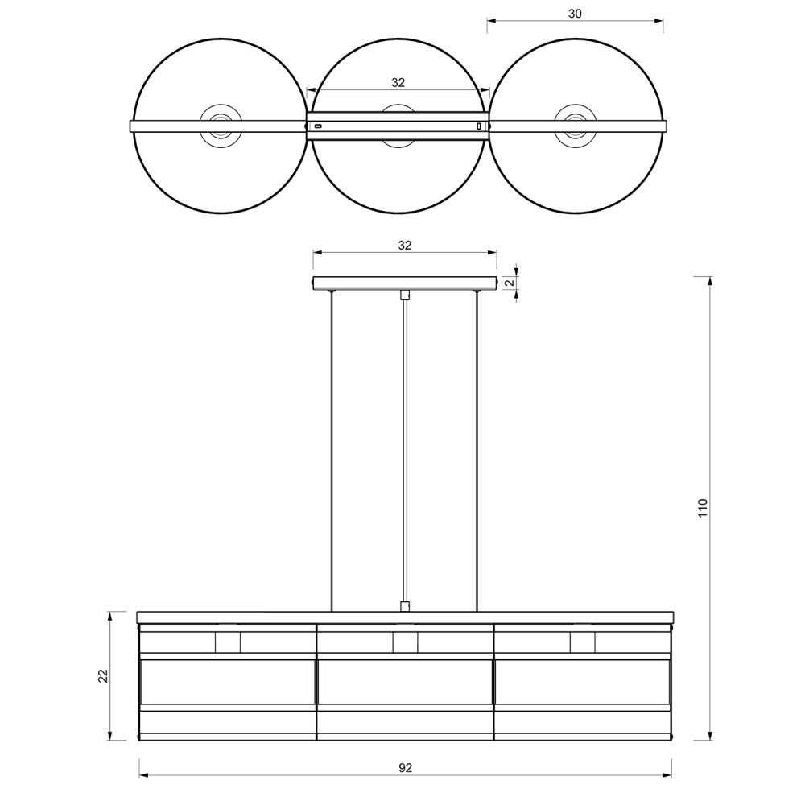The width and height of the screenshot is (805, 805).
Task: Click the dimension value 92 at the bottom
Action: tap(405, 768)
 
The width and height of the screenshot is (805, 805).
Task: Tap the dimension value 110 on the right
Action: tap(703, 508)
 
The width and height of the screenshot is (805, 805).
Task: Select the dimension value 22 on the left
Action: tap(103, 675)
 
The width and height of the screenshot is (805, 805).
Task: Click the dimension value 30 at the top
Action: tap(575, 14)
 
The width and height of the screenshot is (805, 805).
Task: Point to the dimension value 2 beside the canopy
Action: tap(510, 283)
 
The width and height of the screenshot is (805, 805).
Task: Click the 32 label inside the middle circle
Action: tap(398, 83)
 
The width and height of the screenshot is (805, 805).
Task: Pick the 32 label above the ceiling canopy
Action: tap(405, 246)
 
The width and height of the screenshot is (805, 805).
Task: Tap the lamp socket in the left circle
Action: tap(221, 126)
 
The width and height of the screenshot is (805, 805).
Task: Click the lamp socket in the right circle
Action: tap(575, 126)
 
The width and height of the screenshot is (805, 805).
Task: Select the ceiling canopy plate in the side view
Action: tap(405, 283)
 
